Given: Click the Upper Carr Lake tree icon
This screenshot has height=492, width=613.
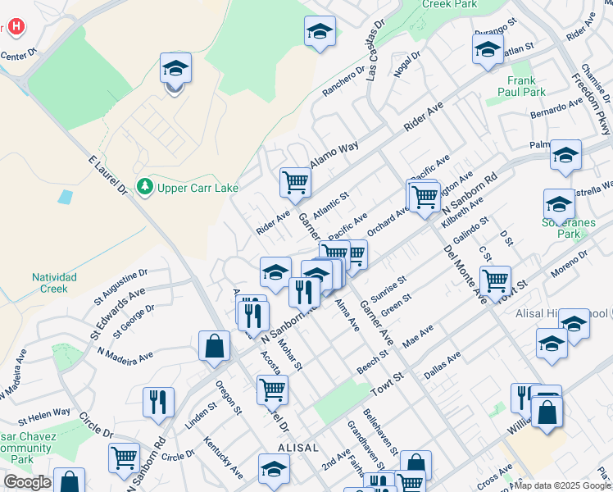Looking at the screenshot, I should [x=146, y=188].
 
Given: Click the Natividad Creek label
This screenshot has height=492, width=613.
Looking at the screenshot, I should [x=54, y=283].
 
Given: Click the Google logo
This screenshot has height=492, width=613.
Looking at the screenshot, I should [x=27, y=482].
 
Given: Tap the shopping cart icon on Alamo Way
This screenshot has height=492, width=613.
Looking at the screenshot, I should [x=295, y=182].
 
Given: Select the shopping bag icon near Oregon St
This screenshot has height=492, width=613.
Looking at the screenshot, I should [x=214, y=345].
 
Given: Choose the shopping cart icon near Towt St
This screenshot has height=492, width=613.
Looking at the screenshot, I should [x=495, y=280].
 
